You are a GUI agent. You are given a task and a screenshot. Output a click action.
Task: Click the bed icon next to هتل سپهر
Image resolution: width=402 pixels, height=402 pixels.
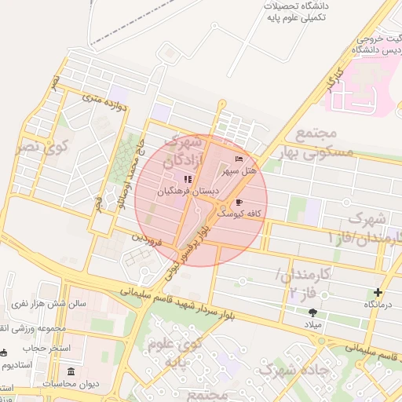(239, 159)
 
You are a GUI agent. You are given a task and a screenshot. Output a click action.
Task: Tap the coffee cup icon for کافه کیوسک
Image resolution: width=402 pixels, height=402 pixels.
(239, 202)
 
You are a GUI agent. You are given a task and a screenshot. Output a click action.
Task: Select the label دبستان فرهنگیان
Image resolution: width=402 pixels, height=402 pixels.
(187, 191)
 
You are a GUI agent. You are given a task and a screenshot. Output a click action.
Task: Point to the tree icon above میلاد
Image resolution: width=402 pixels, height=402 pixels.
(313, 312)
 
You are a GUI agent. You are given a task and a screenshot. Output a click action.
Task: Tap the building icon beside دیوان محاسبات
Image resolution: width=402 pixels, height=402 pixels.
(71, 371)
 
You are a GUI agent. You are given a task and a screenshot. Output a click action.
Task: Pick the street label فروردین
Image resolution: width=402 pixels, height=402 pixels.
(146, 239)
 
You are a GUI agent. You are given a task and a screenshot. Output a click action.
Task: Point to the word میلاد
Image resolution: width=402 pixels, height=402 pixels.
(313, 324)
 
